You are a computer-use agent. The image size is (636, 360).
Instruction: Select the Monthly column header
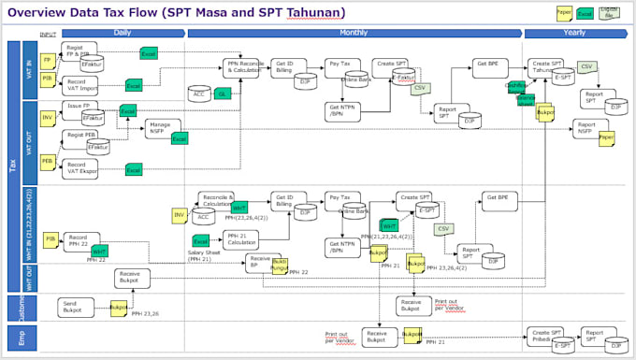(x=354, y=32)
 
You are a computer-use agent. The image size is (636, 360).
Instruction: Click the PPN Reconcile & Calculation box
(x=240, y=65)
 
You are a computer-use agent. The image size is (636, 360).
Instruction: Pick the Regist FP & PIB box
(x=79, y=50)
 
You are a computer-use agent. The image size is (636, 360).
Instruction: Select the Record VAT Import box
(x=81, y=86)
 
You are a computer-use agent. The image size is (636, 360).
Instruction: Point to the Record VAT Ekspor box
(x=82, y=168)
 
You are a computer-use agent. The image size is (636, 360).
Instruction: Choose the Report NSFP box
(x=586, y=128)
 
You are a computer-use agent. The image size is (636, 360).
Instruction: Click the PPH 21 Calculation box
(x=241, y=240)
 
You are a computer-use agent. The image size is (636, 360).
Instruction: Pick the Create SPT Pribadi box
(x=547, y=335)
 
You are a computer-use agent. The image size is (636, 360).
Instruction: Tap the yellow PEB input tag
(x=48, y=162)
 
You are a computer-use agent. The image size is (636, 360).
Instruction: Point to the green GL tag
(x=223, y=94)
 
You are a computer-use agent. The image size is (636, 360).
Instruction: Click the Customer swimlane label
(x=11, y=306)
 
